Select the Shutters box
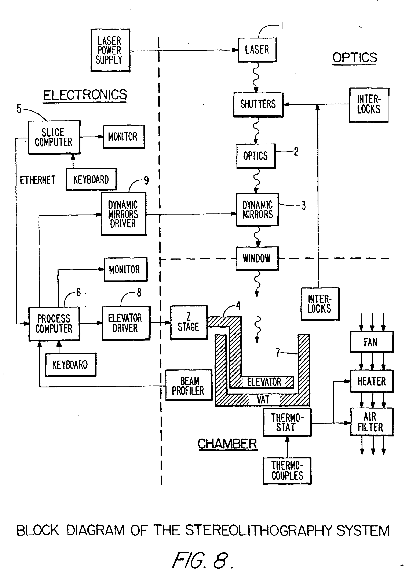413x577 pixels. pyautogui.click(x=258, y=104)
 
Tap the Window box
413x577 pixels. pyautogui.click(x=257, y=258)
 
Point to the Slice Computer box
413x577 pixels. pyautogui.click(x=54, y=137)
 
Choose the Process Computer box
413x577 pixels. pyautogui.click(x=54, y=324)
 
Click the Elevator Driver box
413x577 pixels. pyautogui.click(x=126, y=323)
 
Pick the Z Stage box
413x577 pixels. pyautogui.click(x=189, y=322)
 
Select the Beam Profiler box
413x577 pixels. pyautogui.click(x=189, y=385)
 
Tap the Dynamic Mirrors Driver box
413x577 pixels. pyautogui.click(x=123, y=214)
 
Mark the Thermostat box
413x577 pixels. pyautogui.click(x=287, y=422)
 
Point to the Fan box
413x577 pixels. pyautogui.click(x=371, y=342)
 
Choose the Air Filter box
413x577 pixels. pyautogui.click(x=371, y=422)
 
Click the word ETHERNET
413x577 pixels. pyautogui.click(x=38, y=180)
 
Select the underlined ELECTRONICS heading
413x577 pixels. pyautogui.click(x=85, y=95)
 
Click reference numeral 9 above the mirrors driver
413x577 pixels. pyautogui.click(x=146, y=181)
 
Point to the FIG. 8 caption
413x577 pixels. pyautogui.click(x=202, y=560)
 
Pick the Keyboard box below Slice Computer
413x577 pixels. pyautogui.click(x=91, y=179)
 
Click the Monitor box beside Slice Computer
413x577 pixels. pyautogui.click(x=124, y=137)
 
